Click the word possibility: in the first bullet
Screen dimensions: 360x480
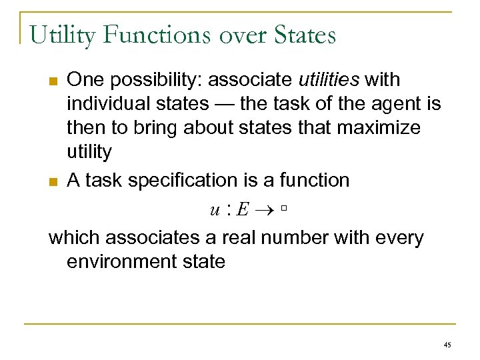point(155,81)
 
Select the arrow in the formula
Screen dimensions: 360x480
point(265,210)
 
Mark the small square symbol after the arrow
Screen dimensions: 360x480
point(283,210)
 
